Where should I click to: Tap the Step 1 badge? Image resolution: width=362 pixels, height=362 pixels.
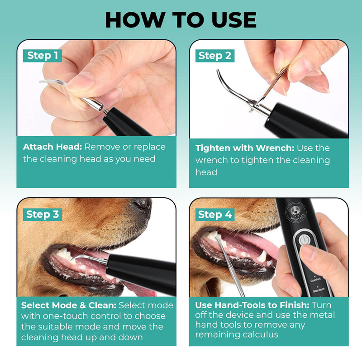pyautogui.click(x=43, y=56)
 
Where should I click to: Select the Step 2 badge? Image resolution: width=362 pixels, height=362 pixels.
pyautogui.click(x=215, y=56)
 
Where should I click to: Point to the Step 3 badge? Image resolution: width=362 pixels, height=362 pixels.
pyautogui.click(x=43, y=214)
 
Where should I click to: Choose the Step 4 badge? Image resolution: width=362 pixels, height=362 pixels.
pyautogui.click(x=215, y=214)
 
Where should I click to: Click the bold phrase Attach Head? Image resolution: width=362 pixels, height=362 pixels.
pyautogui.click(x=52, y=147)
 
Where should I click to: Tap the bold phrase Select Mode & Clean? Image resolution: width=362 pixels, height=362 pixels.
pyautogui.click(x=69, y=305)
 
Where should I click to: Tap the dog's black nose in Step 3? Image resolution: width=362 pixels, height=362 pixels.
pyautogui.click(x=140, y=206)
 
